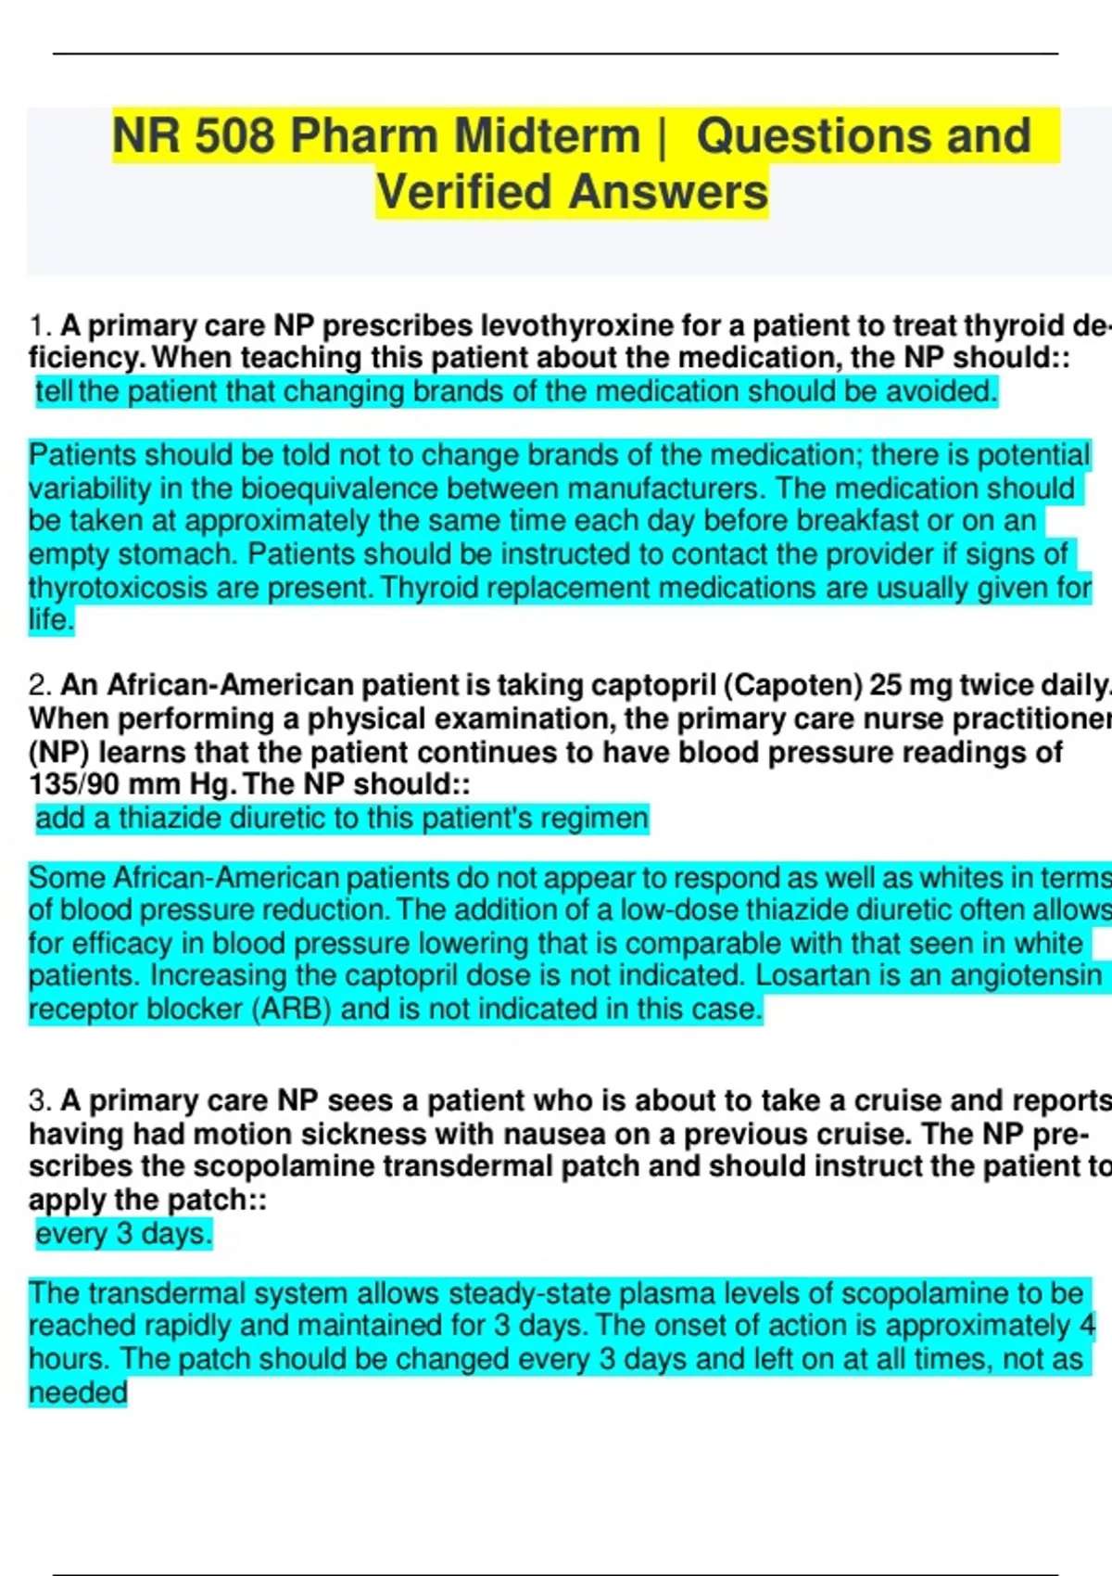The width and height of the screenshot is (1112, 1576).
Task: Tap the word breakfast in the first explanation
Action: [847, 521]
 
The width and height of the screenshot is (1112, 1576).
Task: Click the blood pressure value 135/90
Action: [74, 784]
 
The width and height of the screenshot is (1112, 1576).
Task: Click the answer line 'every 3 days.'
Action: [124, 1234]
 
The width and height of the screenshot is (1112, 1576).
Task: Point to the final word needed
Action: [78, 1392]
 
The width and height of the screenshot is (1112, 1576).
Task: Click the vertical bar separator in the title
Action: [661, 136]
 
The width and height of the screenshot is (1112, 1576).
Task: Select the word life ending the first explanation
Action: [48, 619]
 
